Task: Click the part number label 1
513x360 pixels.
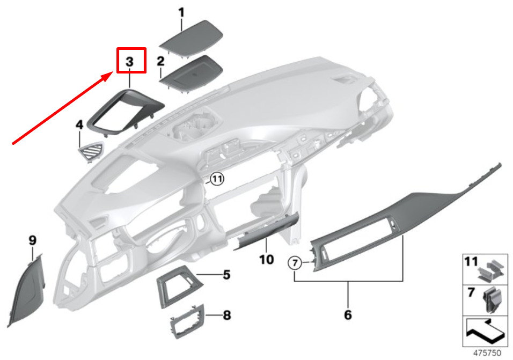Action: (181, 13)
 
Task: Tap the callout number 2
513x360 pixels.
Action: (160, 61)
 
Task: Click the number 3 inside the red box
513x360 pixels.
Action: (130, 62)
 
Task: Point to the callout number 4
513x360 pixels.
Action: (79, 124)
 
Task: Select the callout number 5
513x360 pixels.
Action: (227, 275)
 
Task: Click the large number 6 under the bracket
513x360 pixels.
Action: (348, 315)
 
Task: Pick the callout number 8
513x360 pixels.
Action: (227, 315)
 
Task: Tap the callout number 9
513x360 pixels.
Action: (32, 240)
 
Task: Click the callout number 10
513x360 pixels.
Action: (266, 260)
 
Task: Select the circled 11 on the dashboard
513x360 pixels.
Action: (217, 179)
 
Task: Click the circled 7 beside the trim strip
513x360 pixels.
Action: (295, 263)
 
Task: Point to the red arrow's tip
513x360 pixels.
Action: (113, 74)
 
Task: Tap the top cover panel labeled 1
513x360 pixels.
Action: (192, 38)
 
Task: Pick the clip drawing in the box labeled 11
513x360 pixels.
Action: (490, 271)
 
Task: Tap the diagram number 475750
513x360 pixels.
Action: (487, 353)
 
